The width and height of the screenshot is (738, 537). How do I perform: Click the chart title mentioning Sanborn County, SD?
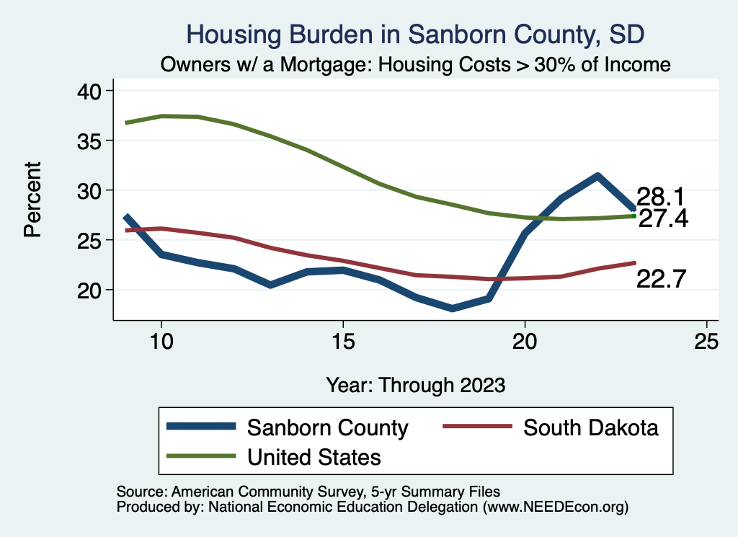(x=415, y=34)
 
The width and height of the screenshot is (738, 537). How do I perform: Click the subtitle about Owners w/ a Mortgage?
(x=416, y=64)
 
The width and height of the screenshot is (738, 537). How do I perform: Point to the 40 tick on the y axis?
(x=90, y=91)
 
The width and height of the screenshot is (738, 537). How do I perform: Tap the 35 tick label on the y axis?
(x=90, y=141)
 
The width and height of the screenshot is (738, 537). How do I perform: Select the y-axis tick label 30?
(x=90, y=190)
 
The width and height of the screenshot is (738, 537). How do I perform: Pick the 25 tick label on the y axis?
(x=90, y=240)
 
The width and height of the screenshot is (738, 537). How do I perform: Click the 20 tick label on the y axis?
(x=90, y=290)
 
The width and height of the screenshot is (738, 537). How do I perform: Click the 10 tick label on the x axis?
(x=161, y=342)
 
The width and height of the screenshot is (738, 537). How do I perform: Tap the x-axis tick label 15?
(x=343, y=342)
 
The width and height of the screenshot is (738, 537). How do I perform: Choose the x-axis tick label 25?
(x=707, y=342)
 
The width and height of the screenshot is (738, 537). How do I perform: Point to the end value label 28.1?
(x=660, y=196)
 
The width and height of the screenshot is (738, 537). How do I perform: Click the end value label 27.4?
(x=663, y=218)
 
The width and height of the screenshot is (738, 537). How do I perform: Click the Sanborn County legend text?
(x=328, y=427)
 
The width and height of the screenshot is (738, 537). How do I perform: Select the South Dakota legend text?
(x=591, y=427)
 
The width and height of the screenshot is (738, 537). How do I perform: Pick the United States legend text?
(x=314, y=456)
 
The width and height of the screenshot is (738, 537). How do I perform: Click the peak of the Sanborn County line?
(x=597, y=175)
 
